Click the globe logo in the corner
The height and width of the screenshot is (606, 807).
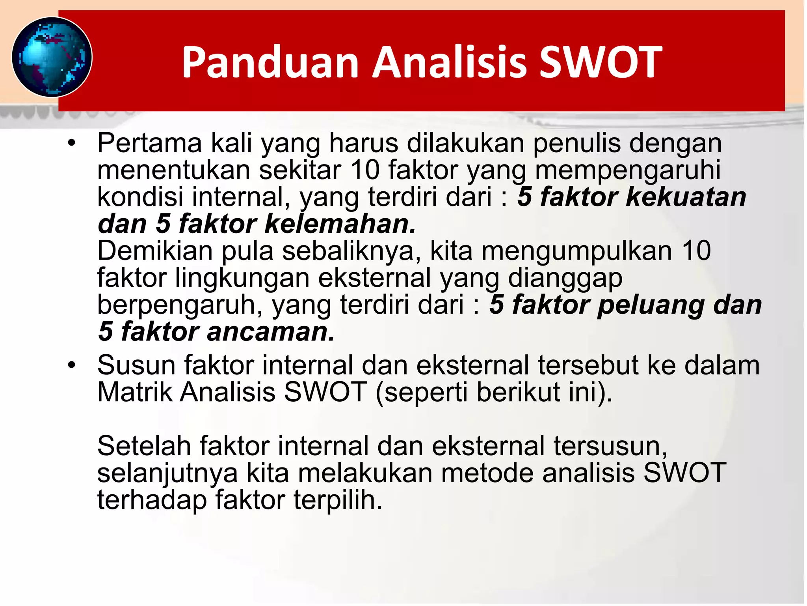click(52, 57)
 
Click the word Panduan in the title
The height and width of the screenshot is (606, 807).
click(270, 62)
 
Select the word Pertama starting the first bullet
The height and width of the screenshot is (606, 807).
click(149, 143)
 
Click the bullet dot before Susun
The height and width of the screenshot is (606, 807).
click(71, 365)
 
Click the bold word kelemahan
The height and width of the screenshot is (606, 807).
click(340, 224)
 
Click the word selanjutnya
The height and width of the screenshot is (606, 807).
click(167, 473)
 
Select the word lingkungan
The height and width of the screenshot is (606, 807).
click(242, 278)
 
